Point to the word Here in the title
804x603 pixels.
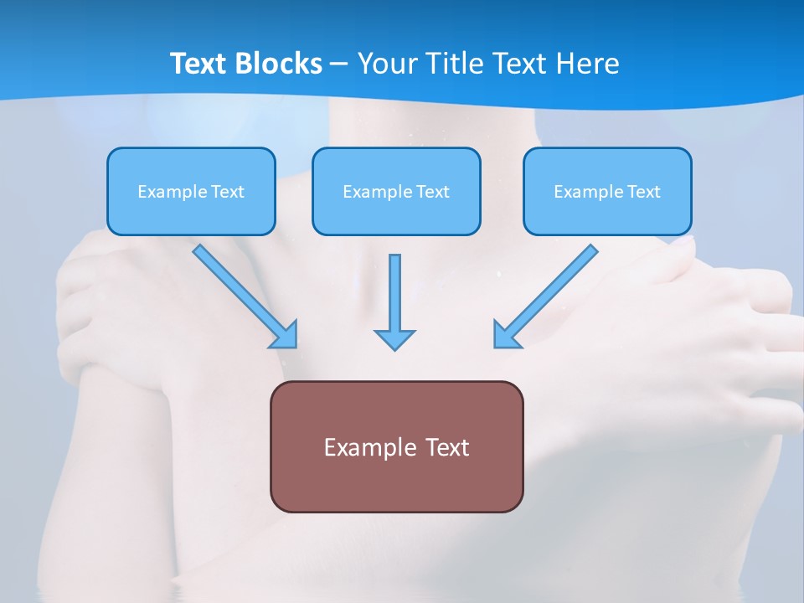click(x=589, y=64)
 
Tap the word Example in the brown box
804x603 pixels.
click(x=359, y=447)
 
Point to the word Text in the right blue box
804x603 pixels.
click(x=644, y=192)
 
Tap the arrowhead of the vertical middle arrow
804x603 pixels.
click(x=394, y=339)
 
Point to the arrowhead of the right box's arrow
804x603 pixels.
click(x=505, y=335)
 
